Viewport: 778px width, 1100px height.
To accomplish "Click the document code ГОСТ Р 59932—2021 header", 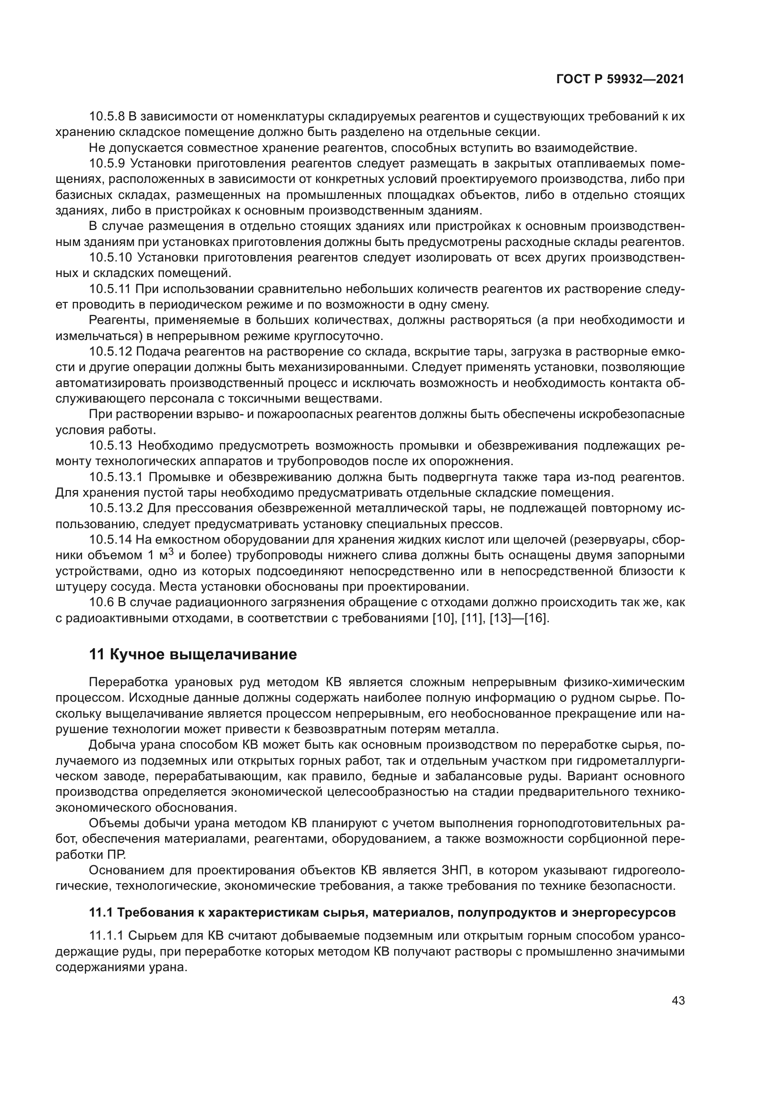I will [x=620, y=79].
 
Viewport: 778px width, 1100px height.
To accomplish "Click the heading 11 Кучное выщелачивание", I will [x=192, y=655].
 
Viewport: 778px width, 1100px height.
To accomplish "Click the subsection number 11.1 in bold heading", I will [x=100, y=913].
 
